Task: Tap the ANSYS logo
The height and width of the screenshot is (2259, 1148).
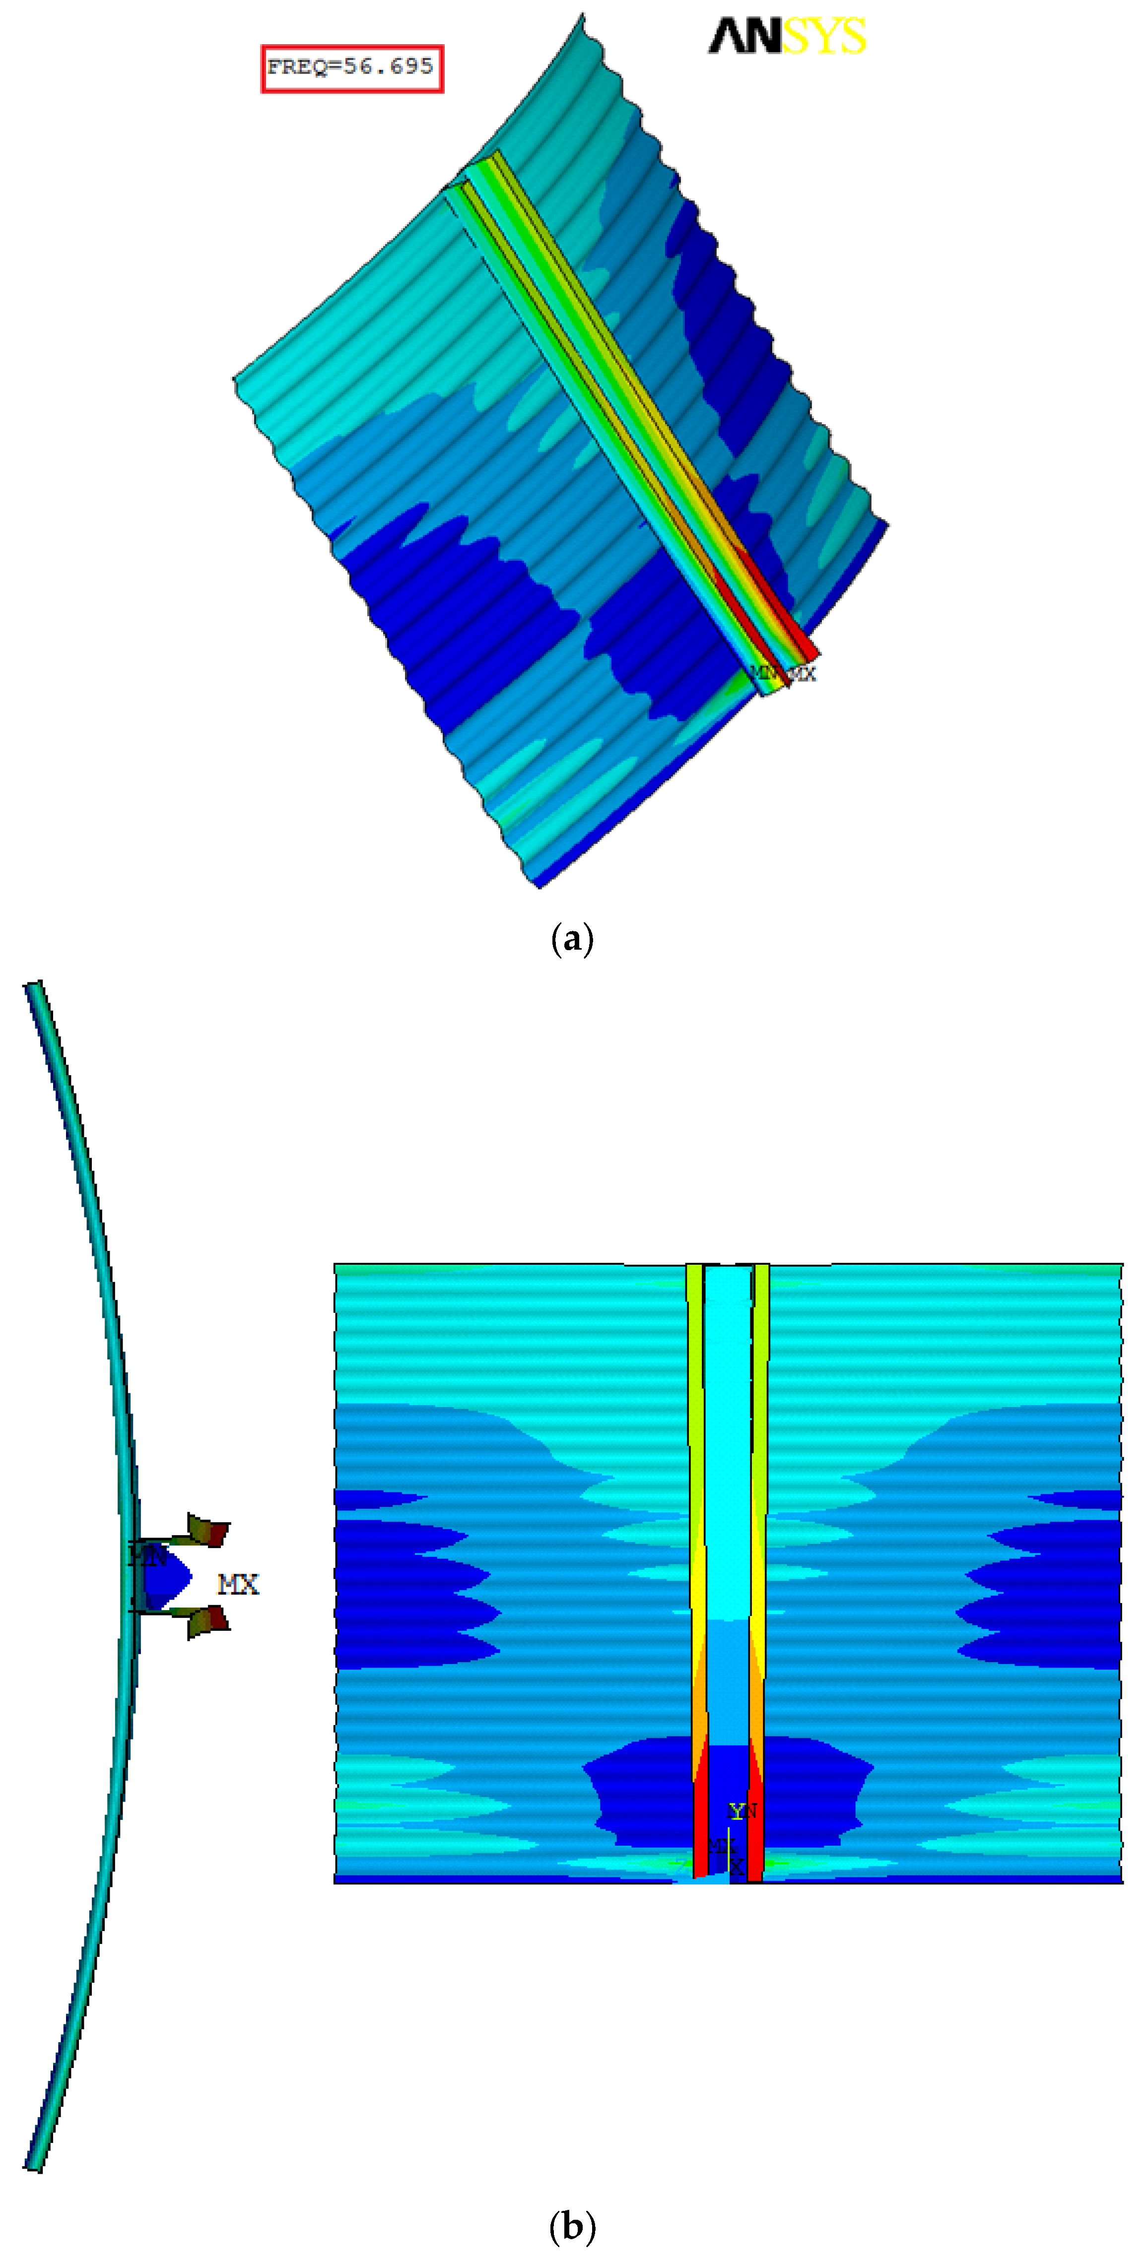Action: tap(787, 37)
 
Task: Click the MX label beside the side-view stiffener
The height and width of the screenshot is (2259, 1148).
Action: tap(238, 1585)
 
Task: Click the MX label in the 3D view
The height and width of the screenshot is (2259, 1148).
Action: tap(802, 673)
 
